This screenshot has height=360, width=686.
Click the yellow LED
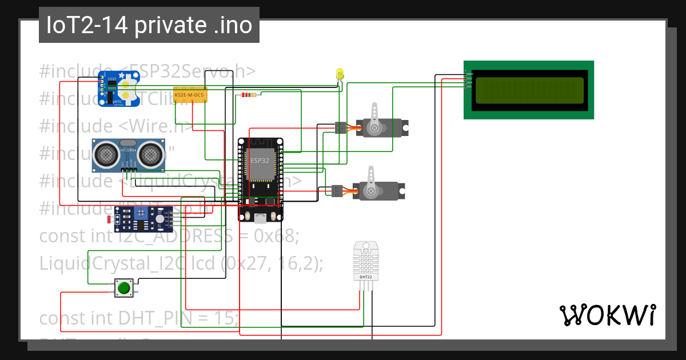pos(340,74)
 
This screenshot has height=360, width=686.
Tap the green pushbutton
pos(123,287)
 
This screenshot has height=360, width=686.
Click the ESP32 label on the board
pos(260,161)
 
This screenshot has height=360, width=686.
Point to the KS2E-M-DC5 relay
pos(190,94)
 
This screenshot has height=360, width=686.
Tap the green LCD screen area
pos(529,90)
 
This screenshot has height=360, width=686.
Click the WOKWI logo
pos(607,315)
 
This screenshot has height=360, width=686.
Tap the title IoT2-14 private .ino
pos(149,26)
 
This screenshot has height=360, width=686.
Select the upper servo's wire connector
pos(340,128)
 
